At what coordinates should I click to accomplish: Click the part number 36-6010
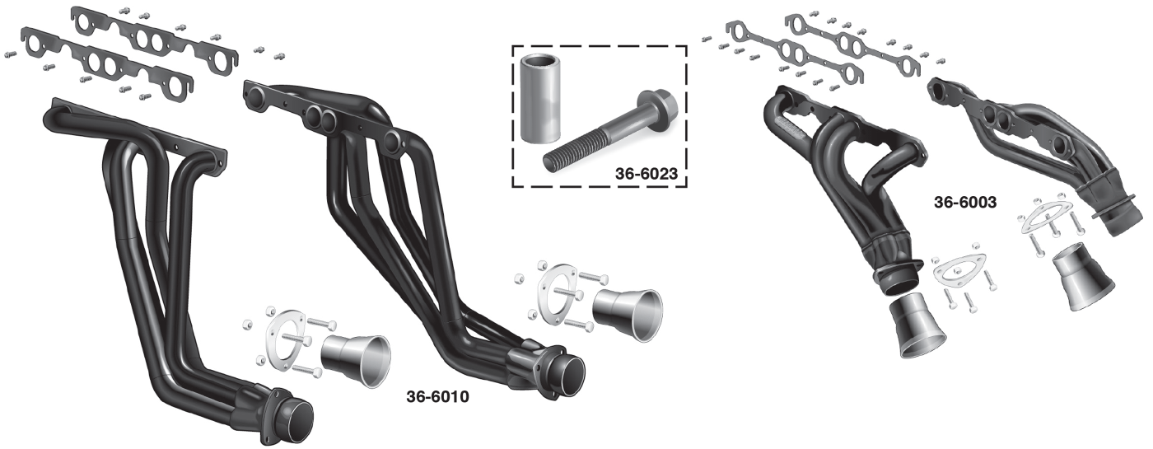click(x=437, y=397)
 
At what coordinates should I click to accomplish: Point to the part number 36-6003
click(x=966, y=201)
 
